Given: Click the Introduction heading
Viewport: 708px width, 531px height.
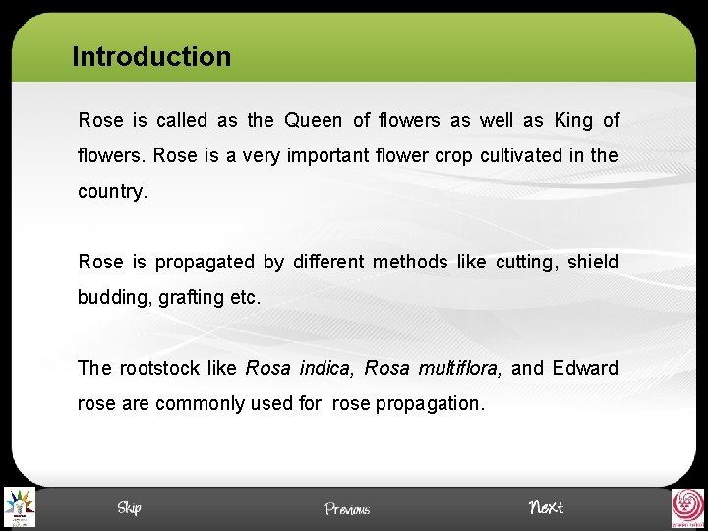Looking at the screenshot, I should point(151,57).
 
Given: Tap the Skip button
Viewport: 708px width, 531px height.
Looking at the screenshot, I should point(129,507).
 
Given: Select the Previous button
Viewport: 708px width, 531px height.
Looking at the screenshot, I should point(347,509).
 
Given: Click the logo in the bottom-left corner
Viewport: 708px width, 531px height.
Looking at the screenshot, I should point(18,507).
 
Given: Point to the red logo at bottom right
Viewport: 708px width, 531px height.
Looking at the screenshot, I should point(687,507).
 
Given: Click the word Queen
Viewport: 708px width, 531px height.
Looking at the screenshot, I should point(313,121).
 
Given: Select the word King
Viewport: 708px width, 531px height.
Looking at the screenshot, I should point(573,121).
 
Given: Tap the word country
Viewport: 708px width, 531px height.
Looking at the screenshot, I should point(112,192).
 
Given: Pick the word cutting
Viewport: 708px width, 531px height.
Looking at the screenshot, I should point(524,263).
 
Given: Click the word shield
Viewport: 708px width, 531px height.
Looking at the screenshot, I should point(593,263).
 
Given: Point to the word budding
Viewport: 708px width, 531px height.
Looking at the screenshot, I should point(112,298).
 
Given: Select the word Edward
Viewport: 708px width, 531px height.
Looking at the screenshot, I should point(585,369).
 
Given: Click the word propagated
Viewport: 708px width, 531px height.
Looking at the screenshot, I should point(205,263).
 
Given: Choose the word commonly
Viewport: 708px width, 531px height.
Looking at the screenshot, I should point(202,404).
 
